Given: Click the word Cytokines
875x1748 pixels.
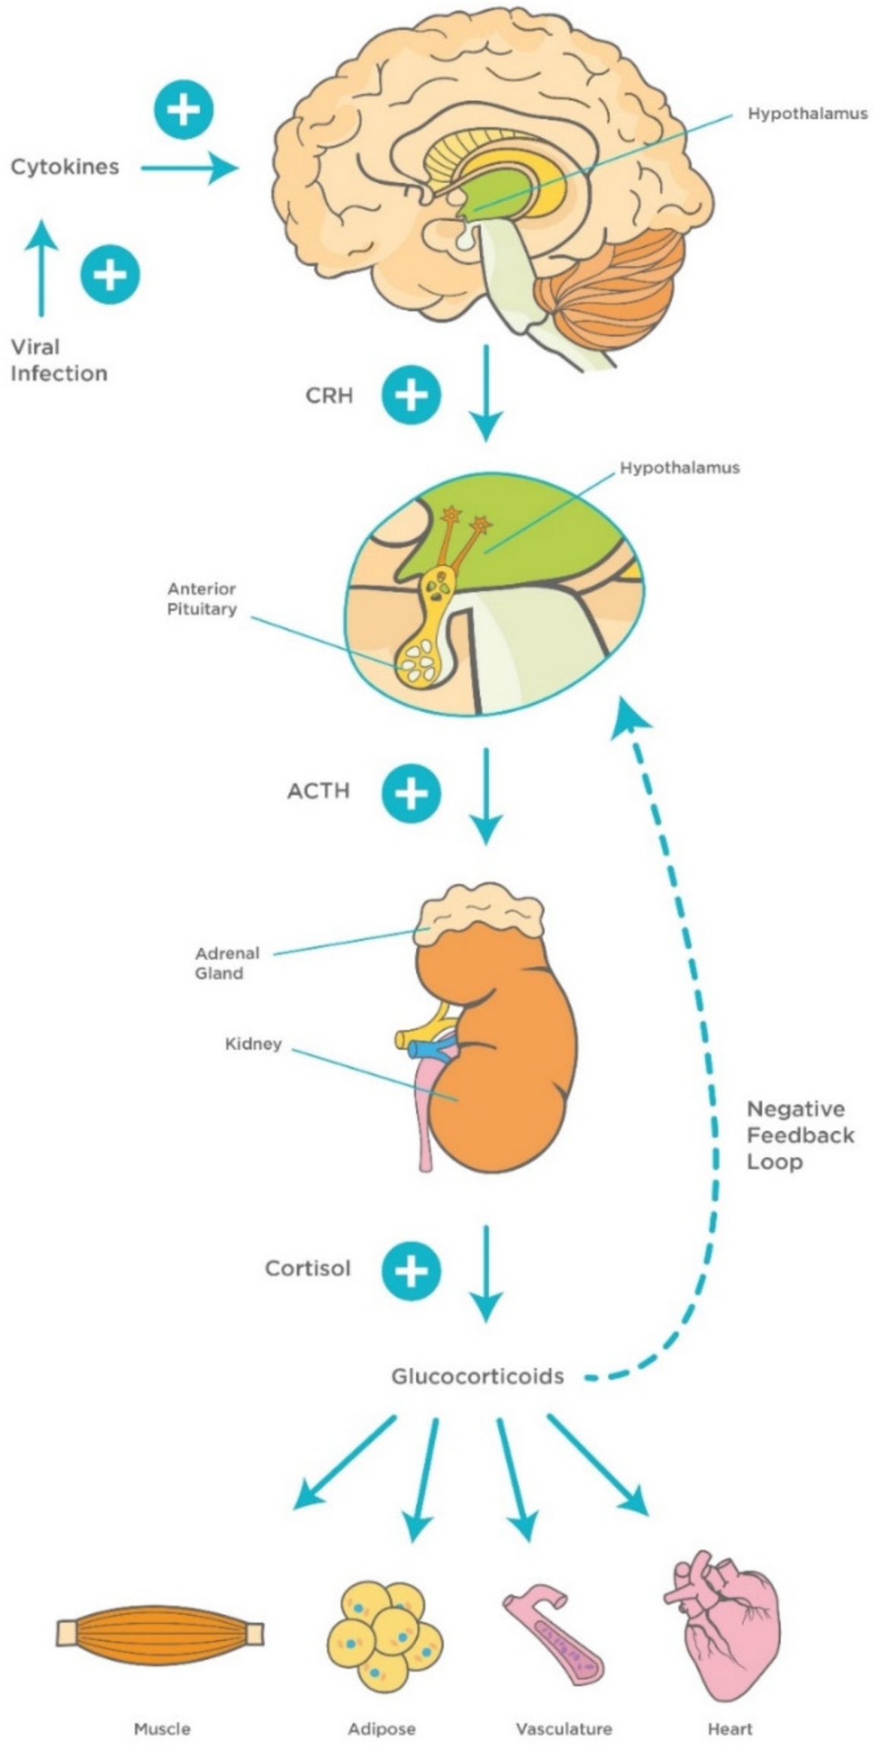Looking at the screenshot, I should (x=65, y=166).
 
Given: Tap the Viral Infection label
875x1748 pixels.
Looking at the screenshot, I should (x=58, y=360).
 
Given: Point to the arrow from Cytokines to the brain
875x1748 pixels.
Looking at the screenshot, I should (x=188, y=167).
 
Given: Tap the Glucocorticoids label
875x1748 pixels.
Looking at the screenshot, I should (x=477, y=1376).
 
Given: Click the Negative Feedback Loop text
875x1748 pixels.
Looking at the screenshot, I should (x=799, y=1135).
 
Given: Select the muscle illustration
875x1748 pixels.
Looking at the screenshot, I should (x=160, y=1633).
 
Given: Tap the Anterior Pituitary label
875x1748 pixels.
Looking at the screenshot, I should (x=202, y=598).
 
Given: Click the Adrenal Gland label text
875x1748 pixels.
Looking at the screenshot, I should (x=226, y=963).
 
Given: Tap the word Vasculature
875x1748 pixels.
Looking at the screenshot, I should (x=564, y=1729).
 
